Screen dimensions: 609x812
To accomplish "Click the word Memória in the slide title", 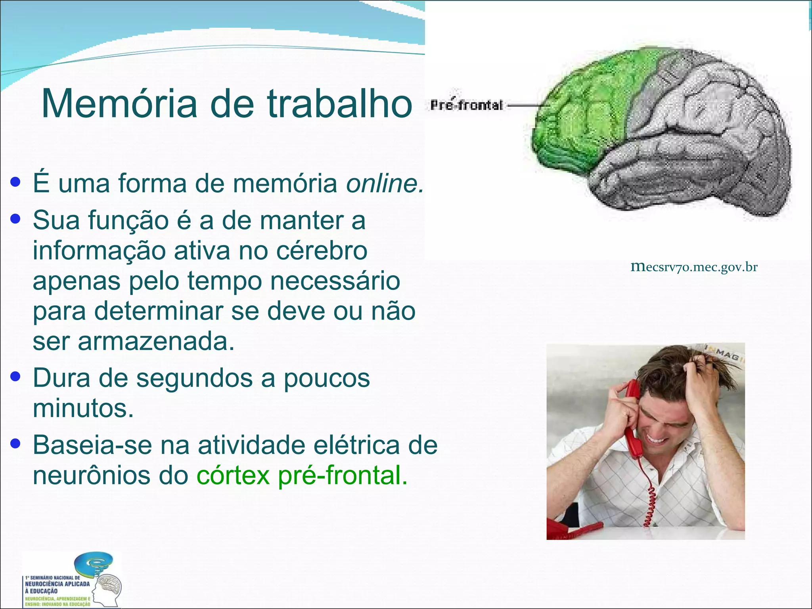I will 119,104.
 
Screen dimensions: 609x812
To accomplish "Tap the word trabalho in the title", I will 340,104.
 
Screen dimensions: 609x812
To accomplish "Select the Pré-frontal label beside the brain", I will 467,105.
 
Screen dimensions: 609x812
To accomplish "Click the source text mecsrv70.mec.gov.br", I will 694,267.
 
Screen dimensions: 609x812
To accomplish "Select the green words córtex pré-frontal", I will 301,475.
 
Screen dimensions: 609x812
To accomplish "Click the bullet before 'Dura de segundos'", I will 15,376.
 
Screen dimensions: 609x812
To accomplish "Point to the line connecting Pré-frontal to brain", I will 525,106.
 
